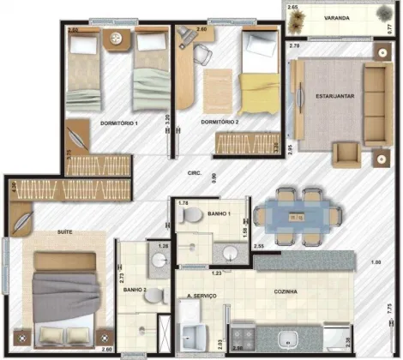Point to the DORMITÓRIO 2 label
[220, 123]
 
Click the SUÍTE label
[40, 231]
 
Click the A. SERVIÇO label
[201, 296]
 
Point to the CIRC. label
[195, 174]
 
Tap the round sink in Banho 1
[230, 252]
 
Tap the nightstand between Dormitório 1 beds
[118, 39]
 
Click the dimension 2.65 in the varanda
[292, 7]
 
